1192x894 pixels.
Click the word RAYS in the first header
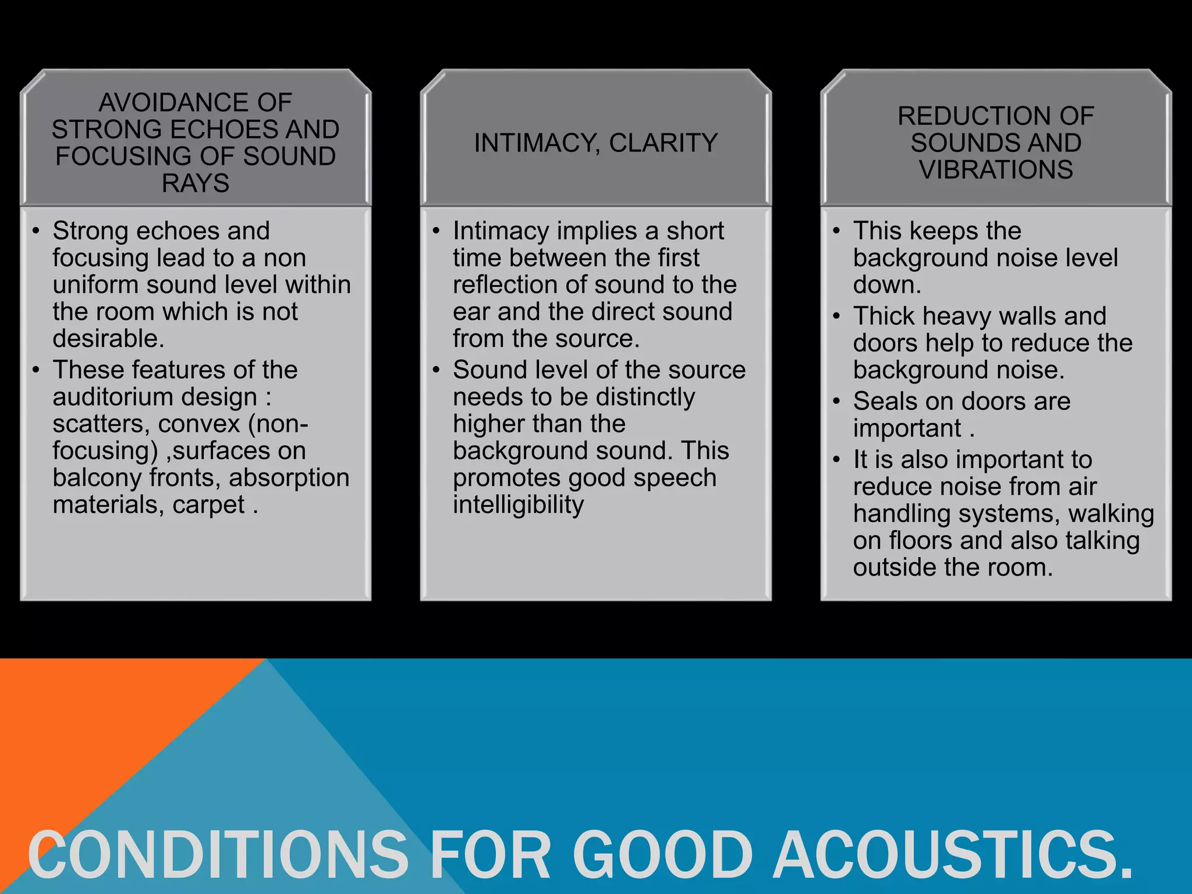[196, 183]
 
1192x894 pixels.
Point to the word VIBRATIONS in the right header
[996, 170]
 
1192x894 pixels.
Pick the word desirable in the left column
[108, 339]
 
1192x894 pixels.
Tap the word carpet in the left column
[208, 505]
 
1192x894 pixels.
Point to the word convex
[199, 424]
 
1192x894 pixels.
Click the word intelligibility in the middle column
[518, 505]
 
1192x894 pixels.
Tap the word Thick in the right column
[884, 316]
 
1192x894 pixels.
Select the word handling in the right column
[899, 514]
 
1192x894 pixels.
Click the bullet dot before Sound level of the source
[437, 370]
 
